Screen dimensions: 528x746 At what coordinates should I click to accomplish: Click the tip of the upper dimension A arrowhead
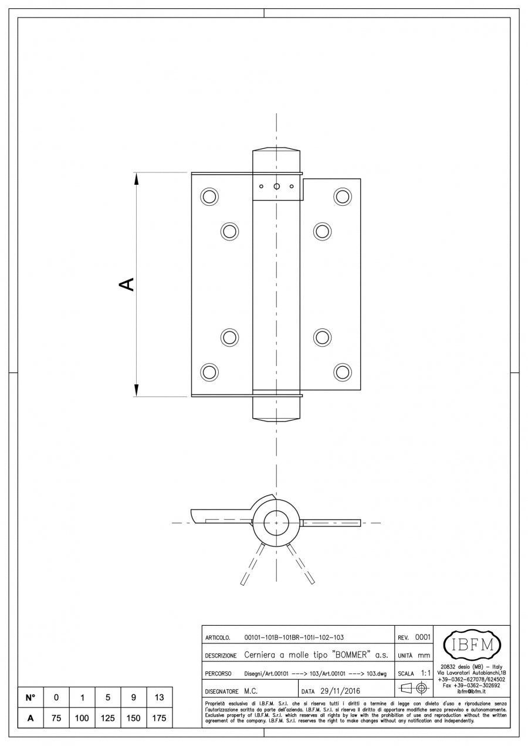point(136,173)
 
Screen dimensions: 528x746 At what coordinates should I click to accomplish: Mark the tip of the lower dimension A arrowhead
point(136,396)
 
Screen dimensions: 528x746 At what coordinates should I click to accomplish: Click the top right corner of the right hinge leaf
point(360,179)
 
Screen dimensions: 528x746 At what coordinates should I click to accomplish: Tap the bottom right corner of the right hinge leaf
point(360,390)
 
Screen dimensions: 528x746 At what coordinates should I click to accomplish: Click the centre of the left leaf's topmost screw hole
point(209,196)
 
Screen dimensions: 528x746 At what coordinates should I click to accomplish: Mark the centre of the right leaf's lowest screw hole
point(343,372)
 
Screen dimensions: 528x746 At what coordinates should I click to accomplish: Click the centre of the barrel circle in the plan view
point(276,523)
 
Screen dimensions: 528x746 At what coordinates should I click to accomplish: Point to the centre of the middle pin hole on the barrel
point(276,186)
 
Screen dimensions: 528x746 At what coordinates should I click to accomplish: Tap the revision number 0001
point(422,638)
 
